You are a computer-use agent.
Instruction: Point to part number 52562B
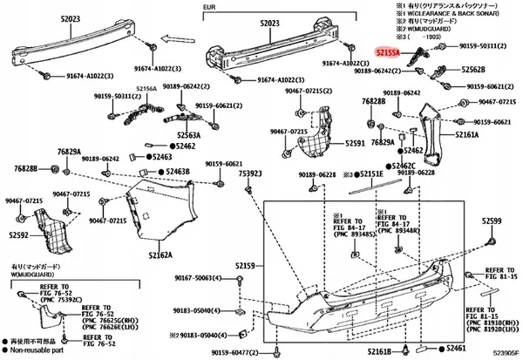pyautogui.click(x=473, y=69)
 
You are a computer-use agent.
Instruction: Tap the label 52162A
pyautogui.click(x=161, y=255)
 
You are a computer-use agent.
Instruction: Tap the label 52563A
pyautogui.click(x=185, y=135)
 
